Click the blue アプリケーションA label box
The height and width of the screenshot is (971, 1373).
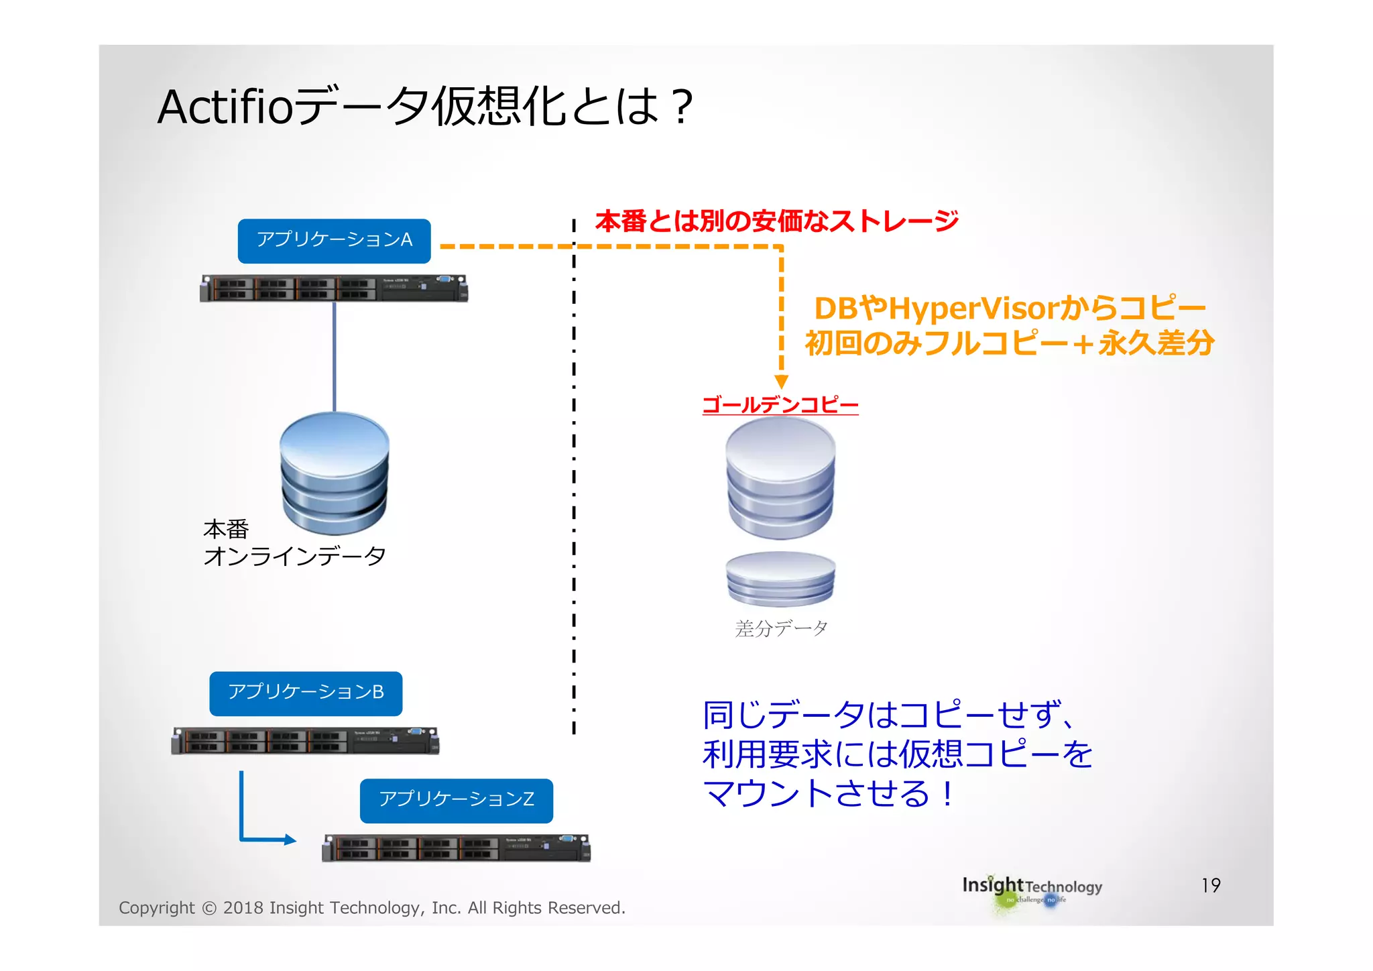[334, 241]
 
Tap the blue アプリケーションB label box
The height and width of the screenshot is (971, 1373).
[306, 693]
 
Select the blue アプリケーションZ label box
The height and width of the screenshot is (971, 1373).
[456, 800]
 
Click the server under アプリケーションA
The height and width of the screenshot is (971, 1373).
[334, 288]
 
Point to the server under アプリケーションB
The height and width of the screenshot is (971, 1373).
[306, 741]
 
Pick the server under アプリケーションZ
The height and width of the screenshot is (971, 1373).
[456, 848]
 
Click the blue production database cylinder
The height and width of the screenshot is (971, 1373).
[335, 473]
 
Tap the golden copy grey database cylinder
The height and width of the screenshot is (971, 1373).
[780, 477]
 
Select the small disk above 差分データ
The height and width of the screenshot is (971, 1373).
[780, 579]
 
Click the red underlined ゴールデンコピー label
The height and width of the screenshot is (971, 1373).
[780, 405]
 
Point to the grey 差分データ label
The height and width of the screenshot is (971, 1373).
[781, 628]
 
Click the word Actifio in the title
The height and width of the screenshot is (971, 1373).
[225, 107]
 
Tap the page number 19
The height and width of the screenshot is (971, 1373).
[1211, 885]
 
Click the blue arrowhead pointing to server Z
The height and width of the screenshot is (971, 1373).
[290, 840]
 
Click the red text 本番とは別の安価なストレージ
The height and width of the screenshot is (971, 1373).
[776, 221]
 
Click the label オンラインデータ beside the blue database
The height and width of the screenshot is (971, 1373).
[295, 557]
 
